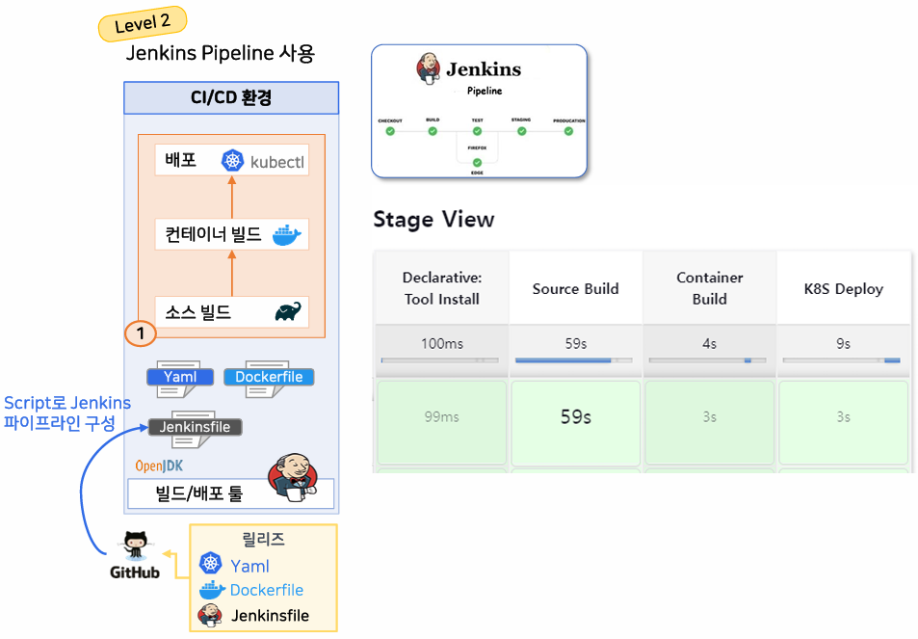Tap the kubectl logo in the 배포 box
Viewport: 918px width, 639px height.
click(232, 161)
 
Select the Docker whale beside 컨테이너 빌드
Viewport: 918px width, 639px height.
click(287, 234)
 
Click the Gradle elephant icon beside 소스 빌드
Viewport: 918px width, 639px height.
click(288, 312)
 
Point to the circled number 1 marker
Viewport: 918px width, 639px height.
click(141, 333)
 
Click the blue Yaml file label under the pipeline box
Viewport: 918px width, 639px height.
click(179, 377)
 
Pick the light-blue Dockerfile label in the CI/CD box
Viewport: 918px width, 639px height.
click(269, 377)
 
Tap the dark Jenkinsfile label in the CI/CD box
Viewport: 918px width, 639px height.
click(195, 427)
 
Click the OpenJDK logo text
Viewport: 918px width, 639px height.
click(159, 466)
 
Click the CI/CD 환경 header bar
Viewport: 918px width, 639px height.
click(231, 98)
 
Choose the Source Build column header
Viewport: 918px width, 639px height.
click(575, 288)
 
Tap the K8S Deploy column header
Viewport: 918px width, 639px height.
click(844, 288)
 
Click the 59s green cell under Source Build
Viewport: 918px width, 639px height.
click(575, 417)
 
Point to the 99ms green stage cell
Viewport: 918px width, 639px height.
click(441, 417)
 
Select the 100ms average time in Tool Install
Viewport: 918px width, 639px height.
click(441, 343)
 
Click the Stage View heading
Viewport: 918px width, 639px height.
click(433, 220)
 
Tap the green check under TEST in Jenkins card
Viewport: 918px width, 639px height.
click(477, 131)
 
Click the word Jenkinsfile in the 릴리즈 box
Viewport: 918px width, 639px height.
click(270, 615)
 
